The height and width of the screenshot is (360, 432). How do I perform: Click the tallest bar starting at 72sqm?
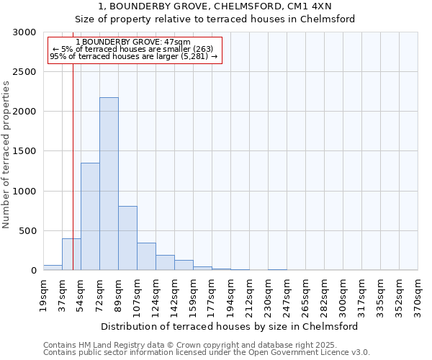coord(109,184)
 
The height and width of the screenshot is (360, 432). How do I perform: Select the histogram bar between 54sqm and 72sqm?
coord(90,216)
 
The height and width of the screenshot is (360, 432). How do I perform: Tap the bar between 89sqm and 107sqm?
coord(127,238)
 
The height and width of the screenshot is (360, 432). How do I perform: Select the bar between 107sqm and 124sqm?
coord(146,256)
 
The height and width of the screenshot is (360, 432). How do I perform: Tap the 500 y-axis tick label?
coord(27,231)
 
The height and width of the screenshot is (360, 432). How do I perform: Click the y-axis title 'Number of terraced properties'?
coord(6,155)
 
